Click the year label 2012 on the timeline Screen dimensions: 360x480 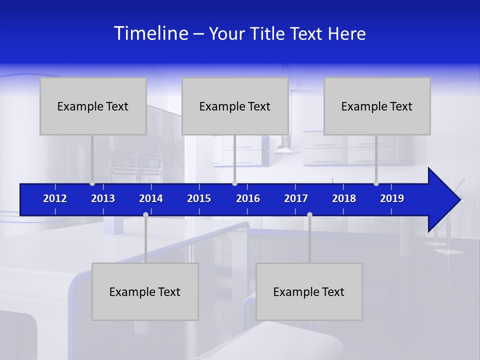(55, 198)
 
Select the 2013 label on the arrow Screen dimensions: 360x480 (103, 198)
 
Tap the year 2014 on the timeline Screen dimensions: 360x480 (151, 198)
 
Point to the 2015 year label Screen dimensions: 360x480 (199, 198)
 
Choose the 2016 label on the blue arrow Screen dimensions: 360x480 (248, 198)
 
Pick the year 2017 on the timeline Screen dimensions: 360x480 (296, 198)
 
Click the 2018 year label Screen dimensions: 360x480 (344, 198)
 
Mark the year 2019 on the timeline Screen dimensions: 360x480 (392, 198)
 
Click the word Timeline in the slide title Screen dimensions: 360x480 (151, 33)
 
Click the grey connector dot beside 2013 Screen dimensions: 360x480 (92, 183)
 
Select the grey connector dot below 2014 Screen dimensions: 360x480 (145, 215)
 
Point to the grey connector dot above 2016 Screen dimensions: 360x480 (234, 183)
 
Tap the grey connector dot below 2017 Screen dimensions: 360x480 (309, 215)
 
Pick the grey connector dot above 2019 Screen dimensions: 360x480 (376, 183)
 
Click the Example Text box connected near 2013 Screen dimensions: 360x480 (93, 106)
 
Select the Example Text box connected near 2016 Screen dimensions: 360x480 (235, 106)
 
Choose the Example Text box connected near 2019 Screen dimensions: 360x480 (377, 106)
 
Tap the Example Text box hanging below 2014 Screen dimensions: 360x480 (145, 291)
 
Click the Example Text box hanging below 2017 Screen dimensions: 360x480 (309, 291)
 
